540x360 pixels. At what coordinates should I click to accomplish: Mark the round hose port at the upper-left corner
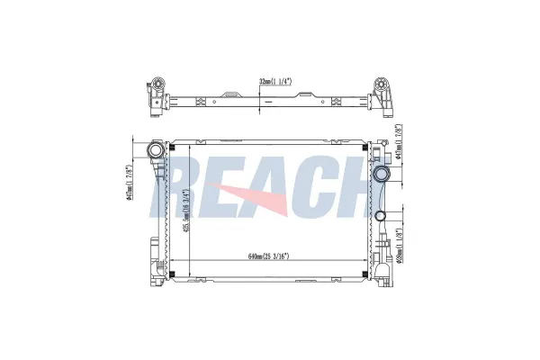[x=157, y=149]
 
